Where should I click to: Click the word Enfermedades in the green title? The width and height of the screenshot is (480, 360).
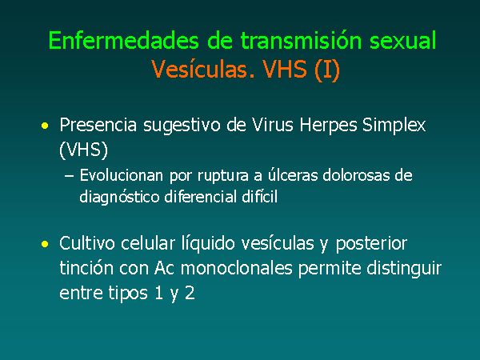[124, 40]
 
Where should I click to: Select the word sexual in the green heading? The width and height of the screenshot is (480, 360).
[403, 40]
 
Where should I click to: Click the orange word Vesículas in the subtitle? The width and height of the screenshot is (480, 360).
[199, 69]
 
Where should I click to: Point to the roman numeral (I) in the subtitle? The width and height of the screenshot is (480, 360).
[327, 69]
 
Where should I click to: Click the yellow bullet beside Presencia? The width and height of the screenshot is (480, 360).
[45, 126]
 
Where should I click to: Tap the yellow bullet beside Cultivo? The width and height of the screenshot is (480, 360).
[45, 244]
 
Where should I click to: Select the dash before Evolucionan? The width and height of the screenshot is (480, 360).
[69, 176]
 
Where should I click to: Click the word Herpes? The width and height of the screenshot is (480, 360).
[328, 126]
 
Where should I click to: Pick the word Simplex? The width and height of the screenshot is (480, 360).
[394, 126]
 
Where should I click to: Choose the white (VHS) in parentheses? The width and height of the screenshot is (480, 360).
[83, 150]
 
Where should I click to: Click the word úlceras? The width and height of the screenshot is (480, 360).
[294, 175]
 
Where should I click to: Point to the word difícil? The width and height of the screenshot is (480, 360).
[259, 196]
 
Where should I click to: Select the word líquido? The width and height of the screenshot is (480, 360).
[209, 244]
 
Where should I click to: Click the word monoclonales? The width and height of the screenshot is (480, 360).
[237, 268]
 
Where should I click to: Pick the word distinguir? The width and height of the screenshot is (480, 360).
[404, 269]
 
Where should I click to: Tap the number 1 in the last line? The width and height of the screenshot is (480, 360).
[158, 293]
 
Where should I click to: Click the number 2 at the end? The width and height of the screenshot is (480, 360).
[190, 293]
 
